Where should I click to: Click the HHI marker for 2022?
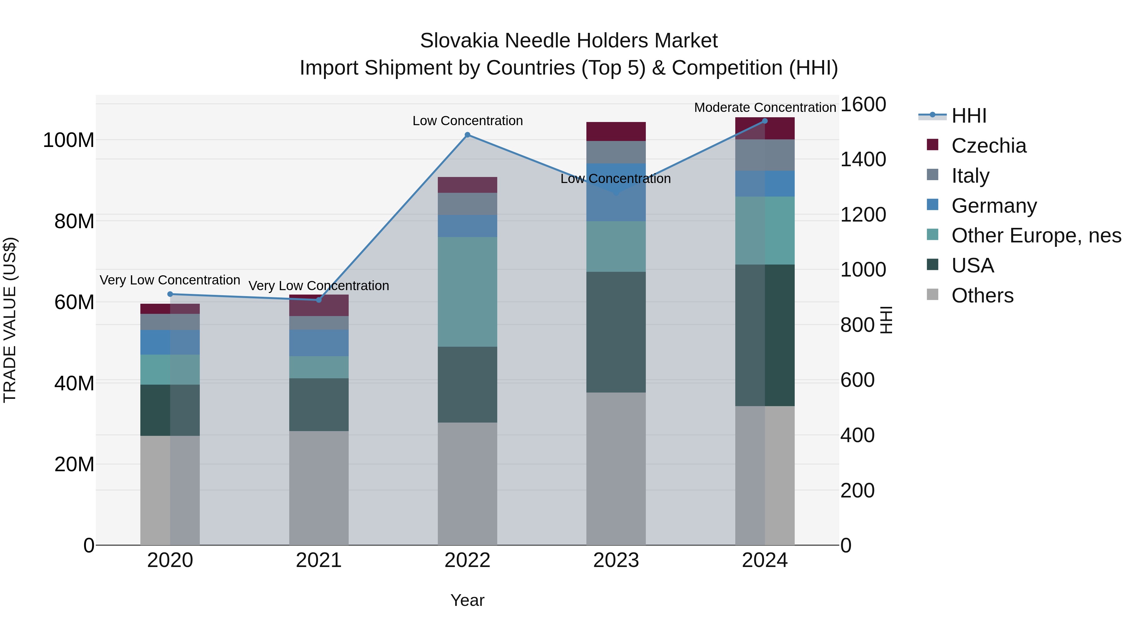coord(468,135)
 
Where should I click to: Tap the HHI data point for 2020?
coord(170,294)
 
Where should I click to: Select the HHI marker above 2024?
coord(765,121)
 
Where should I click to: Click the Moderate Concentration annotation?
coord(765,107)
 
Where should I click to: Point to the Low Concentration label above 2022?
coord(468,121)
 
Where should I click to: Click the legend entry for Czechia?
coord(989,146)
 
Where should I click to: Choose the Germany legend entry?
coord(994,206)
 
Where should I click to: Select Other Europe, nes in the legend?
coord(1036,235)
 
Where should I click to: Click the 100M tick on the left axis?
coord(69,140)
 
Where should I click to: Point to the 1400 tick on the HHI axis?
coord(863,160)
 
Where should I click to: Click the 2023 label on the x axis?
coord(616,560)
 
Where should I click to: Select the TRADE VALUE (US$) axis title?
coord(10,320)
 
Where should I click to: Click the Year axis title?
coord(468,600)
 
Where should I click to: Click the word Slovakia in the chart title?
coord(459,41)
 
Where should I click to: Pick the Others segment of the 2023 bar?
coord(616,468)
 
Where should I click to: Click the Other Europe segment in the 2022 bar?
coord(468,291)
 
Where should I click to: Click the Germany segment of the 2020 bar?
coord(170,342)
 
